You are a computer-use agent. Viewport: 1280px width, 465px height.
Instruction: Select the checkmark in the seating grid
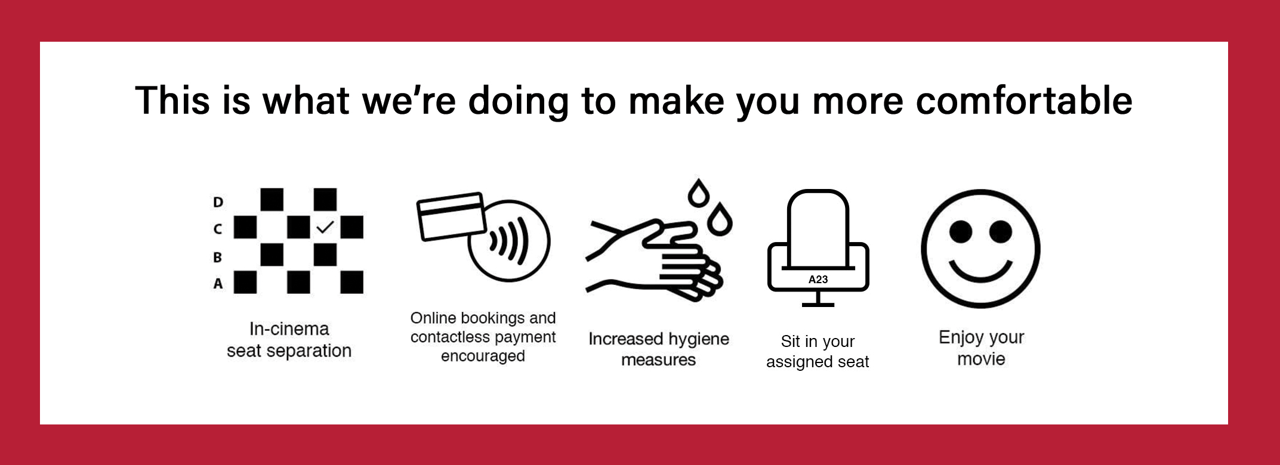pos(325,227)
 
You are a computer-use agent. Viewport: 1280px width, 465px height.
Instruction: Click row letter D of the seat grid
pos(218,202)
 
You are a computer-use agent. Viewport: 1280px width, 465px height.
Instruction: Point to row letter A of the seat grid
pos(218,283)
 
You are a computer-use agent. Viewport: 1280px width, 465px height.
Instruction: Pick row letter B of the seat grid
pos(217,257)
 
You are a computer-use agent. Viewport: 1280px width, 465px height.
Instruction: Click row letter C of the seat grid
pos(217,229)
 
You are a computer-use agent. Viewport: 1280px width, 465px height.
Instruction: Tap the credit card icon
pos(451,216)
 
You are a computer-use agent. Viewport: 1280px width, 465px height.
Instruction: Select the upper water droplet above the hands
pos(698,192)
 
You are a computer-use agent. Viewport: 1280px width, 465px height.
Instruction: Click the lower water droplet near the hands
pos(720,219)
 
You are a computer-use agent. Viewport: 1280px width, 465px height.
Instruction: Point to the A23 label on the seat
pos(818,280)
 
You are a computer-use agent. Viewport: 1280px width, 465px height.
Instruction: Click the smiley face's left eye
pos(961,231)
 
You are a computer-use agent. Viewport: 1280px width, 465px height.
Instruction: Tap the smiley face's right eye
pos(1001,231)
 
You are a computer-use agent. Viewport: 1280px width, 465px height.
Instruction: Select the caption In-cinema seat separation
pos(289,340)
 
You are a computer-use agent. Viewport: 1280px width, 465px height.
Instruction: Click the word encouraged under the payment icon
pos(483,356)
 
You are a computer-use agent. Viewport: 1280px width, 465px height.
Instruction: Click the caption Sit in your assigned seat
pos(818,351)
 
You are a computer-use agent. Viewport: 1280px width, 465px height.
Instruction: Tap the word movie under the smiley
pos(981,359)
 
